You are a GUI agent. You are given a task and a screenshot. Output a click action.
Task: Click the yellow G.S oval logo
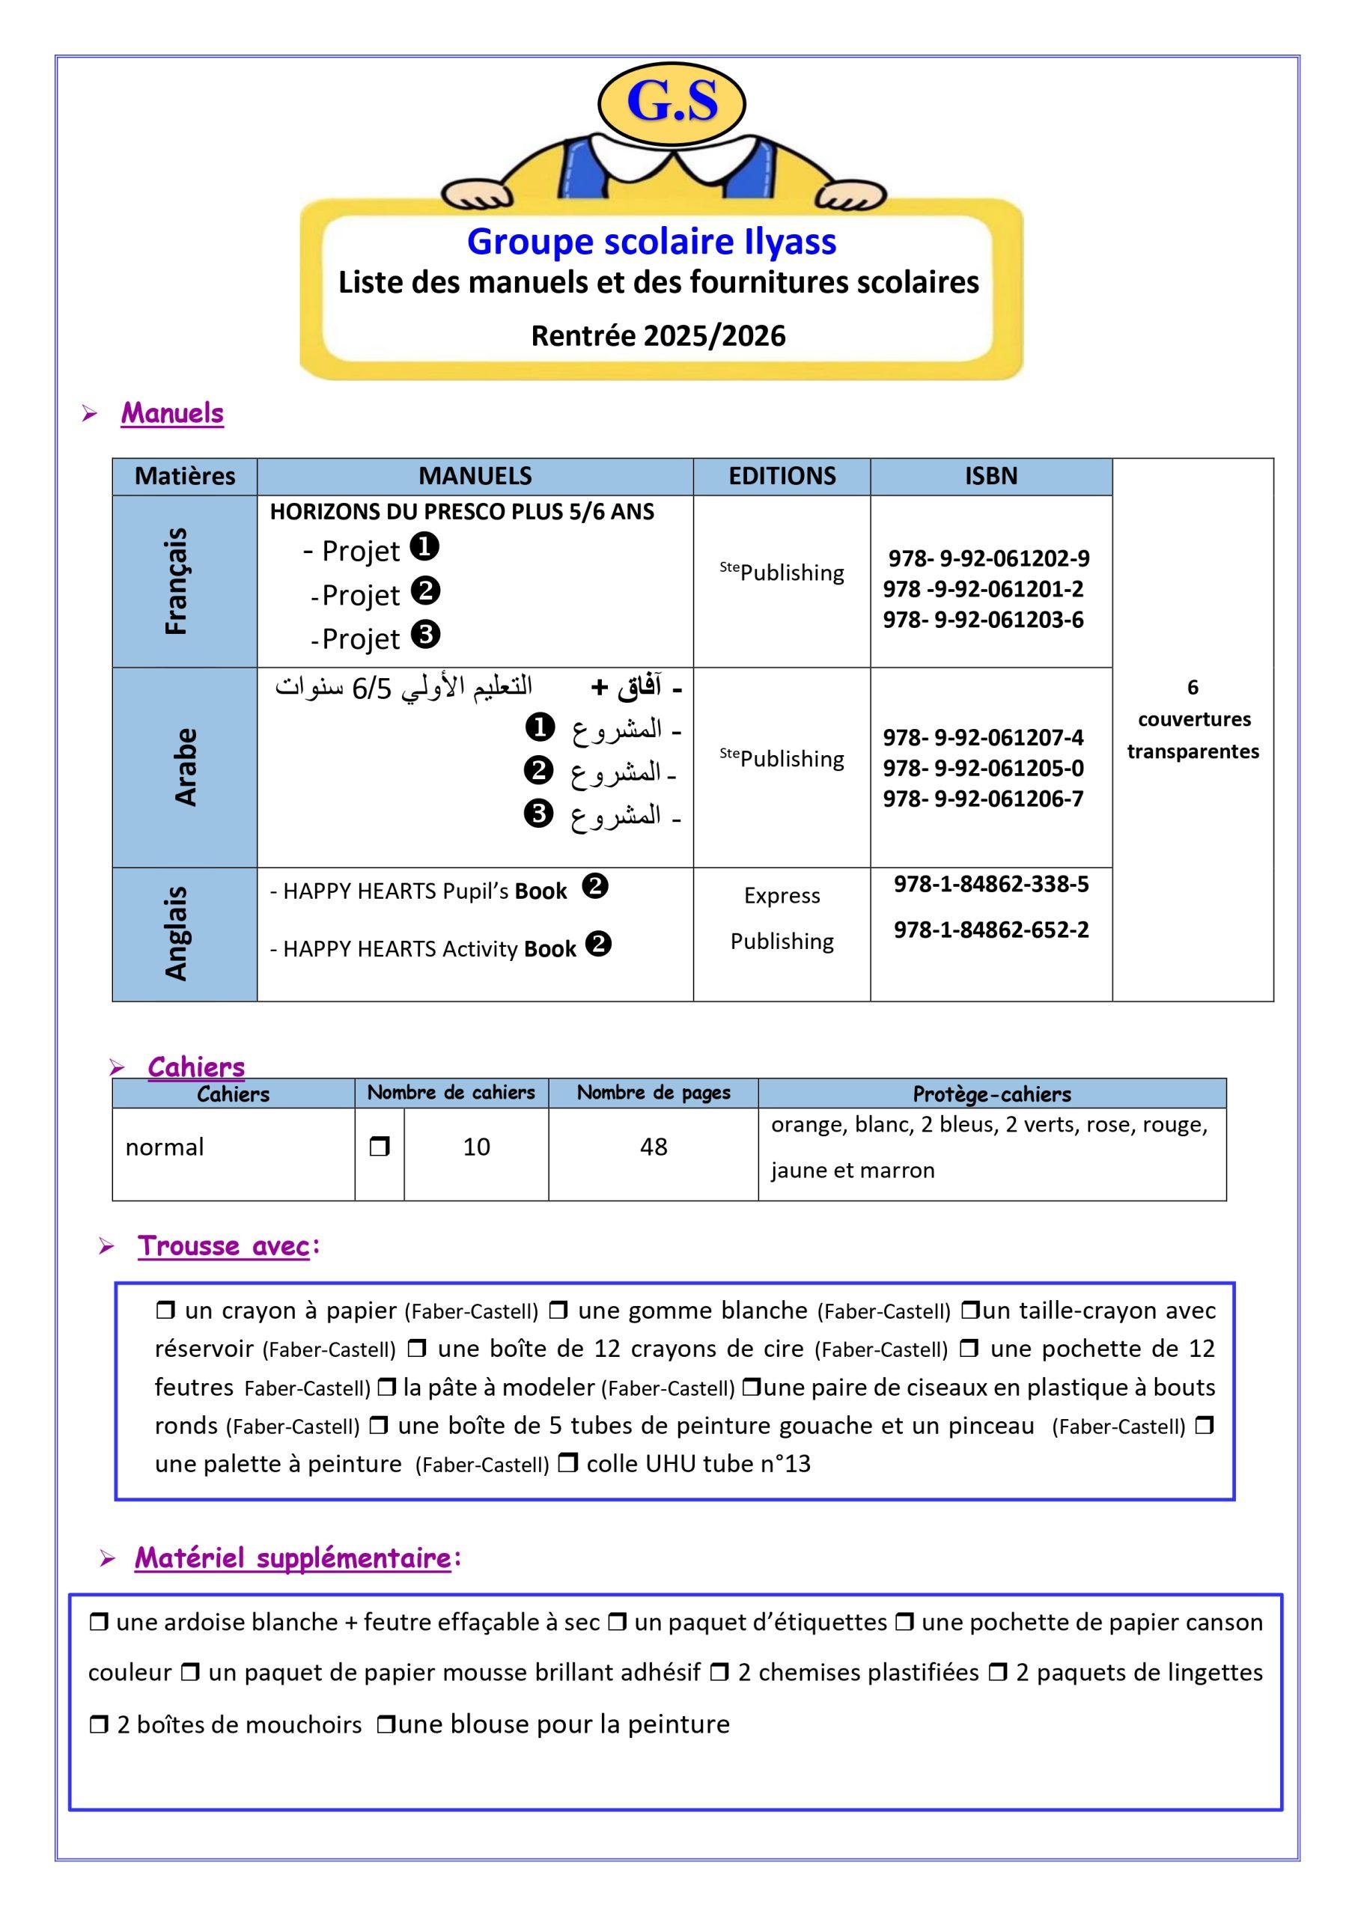click(672, 103)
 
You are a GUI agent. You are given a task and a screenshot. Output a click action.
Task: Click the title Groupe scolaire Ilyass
click(651, 241)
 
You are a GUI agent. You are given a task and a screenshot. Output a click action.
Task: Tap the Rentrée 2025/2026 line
click(658, 335)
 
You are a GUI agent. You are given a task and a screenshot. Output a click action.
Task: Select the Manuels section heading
click(172, 412)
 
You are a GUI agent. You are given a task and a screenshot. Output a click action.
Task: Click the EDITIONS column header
click(782, 476)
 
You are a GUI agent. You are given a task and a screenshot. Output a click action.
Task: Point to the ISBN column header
click(991, 476)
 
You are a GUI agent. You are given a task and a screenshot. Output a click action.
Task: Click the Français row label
click(177, 581)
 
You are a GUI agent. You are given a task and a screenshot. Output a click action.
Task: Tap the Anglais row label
click(177, 933)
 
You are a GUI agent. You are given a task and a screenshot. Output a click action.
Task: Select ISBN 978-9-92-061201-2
click(983, 589)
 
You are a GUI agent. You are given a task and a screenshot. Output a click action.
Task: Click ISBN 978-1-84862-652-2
click(991, 930)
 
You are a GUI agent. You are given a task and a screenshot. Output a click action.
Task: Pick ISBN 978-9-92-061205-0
click(983, 768)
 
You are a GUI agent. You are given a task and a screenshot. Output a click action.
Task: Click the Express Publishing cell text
click(782, 918)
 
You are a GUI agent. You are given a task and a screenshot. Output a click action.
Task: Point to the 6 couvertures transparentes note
click(1193, 719)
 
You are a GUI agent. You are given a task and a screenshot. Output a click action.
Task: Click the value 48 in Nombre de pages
click(653, 1147)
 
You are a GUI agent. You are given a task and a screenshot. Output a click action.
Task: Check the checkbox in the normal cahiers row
click(379, 1147)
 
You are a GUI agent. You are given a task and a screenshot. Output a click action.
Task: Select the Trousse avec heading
click(223, 1246)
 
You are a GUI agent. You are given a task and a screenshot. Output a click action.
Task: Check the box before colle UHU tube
click(567, 1463)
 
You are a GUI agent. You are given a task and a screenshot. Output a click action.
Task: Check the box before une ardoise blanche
click(99, 1623)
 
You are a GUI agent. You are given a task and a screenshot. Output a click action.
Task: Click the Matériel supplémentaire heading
click(292, 1558)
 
